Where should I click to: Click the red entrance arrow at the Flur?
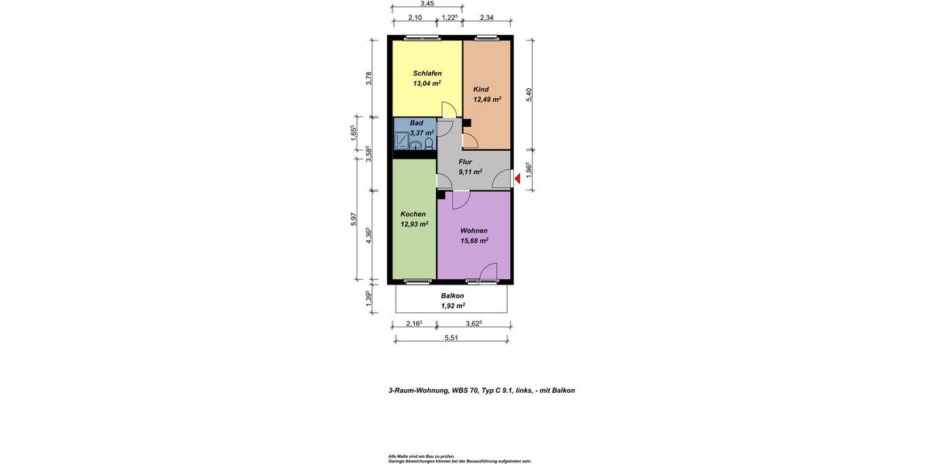518,179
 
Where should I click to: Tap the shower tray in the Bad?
402,141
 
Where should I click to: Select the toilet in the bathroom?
429,144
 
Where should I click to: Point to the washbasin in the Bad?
417,145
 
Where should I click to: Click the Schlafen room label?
427,73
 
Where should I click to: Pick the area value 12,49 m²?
487,99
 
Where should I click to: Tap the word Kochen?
413,214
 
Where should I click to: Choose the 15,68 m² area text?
474,241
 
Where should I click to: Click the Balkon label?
453,295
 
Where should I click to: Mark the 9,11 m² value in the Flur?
470,172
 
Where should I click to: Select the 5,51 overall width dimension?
451,337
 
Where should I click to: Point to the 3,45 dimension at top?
427,4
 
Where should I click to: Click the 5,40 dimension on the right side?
530,94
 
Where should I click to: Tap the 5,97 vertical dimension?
354,219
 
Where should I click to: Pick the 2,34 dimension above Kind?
487,18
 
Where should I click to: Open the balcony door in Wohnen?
488,271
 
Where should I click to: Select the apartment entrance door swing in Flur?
502,179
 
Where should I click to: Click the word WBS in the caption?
461,391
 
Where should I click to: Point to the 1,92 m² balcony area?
453,305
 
